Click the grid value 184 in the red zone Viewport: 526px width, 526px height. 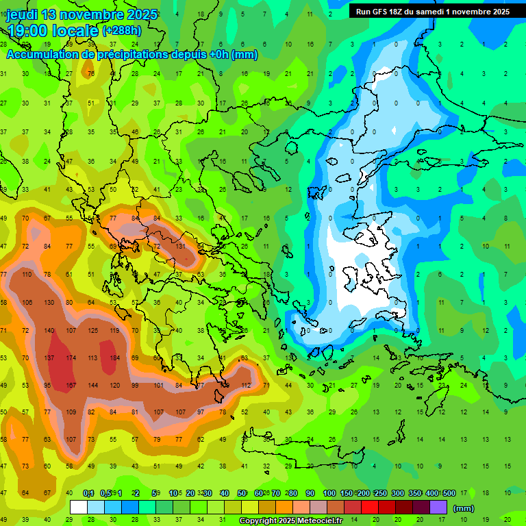point(114,358)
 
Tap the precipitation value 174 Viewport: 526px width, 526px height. point(71,358)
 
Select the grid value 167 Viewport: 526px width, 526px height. point(71,385)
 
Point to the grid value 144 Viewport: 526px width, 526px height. point(92,385)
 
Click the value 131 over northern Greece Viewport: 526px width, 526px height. point(180,246)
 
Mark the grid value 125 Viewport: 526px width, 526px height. point(92,330)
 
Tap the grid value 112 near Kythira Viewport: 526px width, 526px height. point(245,385)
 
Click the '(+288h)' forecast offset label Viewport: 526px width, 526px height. point(122,31)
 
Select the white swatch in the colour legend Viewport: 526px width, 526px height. point(79,508)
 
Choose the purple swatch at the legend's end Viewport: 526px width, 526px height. point(438,508)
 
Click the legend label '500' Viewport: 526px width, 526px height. point(449,494)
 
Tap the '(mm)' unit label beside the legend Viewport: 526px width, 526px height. point(464,508)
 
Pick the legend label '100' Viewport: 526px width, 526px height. point(329,494)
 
